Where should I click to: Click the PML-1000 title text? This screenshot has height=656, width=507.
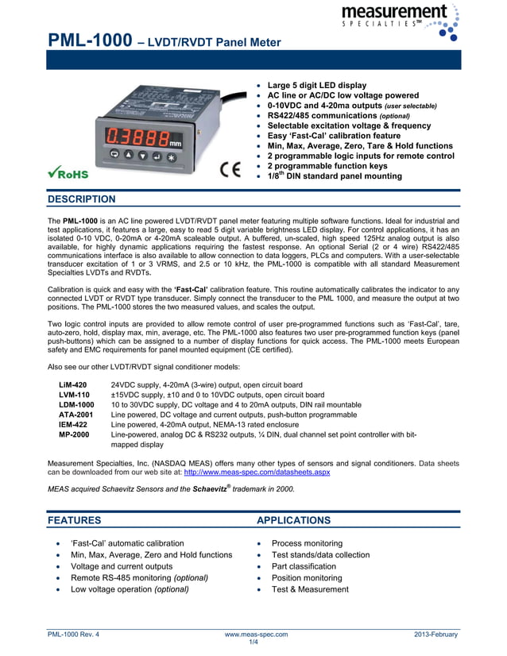pos(89,41)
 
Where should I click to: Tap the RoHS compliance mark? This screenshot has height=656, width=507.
pos(68,172)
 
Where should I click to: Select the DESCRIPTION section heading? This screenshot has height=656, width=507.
pos(82,199)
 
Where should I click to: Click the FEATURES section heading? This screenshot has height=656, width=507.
pos(75,520)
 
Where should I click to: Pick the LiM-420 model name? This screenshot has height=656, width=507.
pos(73,384)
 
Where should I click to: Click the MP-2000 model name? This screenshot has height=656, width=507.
pos(74,434)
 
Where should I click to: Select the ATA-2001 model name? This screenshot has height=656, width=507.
pos(76,415)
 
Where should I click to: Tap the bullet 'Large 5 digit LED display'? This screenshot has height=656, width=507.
pos(317,85)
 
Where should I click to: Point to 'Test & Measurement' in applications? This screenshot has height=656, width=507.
pos(310,589)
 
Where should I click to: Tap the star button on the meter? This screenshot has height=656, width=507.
pos(170,156)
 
